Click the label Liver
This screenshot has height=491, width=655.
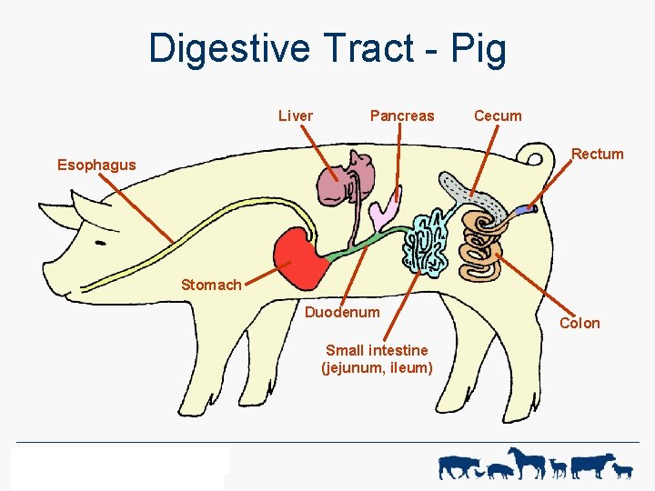point(296,115)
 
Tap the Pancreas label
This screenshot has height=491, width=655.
point(402,115)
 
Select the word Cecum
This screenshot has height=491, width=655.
point(498,115)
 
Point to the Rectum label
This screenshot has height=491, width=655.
point(597,154)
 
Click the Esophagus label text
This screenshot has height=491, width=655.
point(96,165)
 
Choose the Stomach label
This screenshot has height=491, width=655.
point(211,285)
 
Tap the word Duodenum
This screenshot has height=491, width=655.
point(342,312)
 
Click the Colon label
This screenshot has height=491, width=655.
point(579,323)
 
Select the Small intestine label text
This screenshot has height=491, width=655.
point(377,358)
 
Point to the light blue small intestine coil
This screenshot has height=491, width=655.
point(427,243)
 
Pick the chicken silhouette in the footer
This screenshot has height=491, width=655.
point(500,470)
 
